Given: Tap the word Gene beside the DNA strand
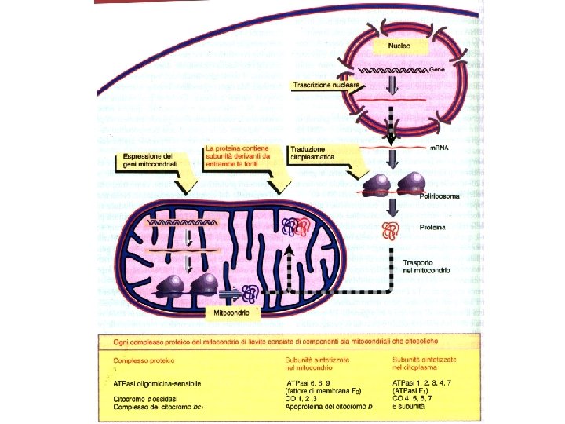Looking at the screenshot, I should click(x=437, y=70).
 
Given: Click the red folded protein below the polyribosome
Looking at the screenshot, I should click(x=390, y=230).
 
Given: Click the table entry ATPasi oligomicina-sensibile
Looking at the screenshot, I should click(x=157, y=383).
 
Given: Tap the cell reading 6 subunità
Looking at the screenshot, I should click(x=409, y=407).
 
